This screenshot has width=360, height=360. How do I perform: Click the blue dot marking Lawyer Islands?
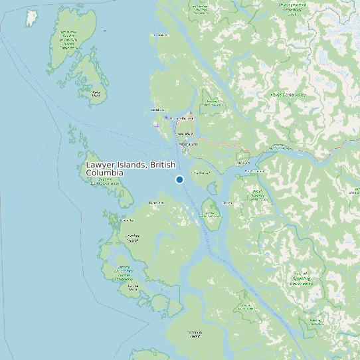[x=179, y=179]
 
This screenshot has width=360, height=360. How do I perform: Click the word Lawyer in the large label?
[x=102, y=165]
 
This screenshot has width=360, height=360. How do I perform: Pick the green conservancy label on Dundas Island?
[x=68, y=39]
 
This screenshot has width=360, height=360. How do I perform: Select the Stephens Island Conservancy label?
[x=104, y=181]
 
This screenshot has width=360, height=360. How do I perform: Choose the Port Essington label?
[x=254, y=171]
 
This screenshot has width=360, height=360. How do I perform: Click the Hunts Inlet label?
[x=157, y=202]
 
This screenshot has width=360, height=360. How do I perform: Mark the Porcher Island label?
[x=133, y=238]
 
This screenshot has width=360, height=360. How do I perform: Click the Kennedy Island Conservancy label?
[x=211, y=214]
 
